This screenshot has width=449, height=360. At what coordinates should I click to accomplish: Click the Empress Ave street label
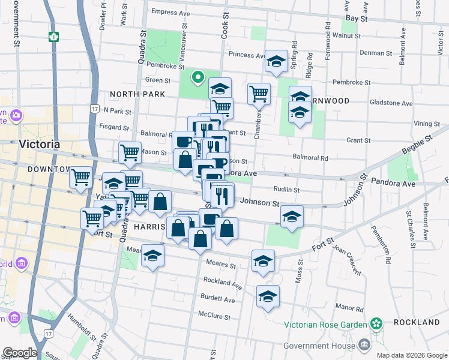click(170, 12)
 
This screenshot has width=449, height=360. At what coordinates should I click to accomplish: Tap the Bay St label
click(356, 19)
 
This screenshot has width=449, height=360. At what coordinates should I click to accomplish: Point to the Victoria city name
click(40, 145)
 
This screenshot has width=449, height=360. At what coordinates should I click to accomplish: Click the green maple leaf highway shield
click(54, 37)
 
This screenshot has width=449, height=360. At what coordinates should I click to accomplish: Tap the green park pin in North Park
click(197, 77)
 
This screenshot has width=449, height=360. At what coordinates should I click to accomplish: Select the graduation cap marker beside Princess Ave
click(277, 61)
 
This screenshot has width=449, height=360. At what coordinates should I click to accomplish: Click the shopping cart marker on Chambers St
click(258, 93)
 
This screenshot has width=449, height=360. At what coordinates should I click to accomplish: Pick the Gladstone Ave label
click(391, 103)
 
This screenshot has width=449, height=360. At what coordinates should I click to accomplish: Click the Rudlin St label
click(286, 190)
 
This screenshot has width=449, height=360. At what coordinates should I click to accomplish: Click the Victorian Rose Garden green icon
click(376, 325)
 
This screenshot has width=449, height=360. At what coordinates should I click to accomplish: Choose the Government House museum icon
click(364, 344)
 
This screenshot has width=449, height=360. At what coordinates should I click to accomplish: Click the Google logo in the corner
click(20, 352)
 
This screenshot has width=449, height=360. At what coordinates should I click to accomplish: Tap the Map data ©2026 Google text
click(411, 355)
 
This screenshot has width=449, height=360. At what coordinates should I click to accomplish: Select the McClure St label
click(214, 316)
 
